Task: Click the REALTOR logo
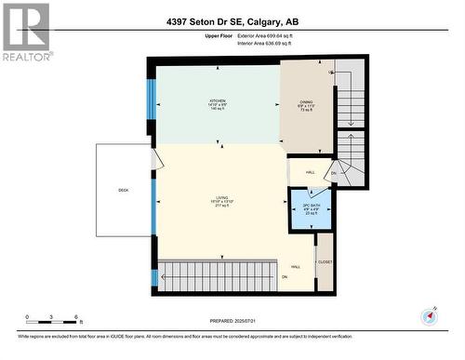coord(25,32)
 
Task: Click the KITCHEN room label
coord(217,103)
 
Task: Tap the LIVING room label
coord(220,201)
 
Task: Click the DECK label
coord(124,190)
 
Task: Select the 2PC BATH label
coord(299,207)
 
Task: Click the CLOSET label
coord(325,262)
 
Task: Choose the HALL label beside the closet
coord(296,267)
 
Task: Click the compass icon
coord(429,315)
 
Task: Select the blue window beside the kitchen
coord(152,103)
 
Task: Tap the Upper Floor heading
coord(193,35)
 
